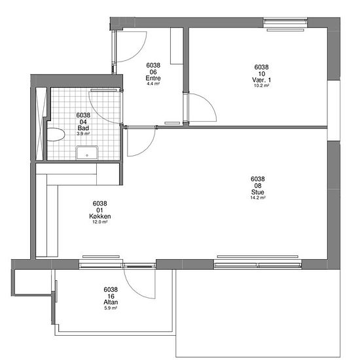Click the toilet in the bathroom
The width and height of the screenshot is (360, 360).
56,135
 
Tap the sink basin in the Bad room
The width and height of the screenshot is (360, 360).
87,153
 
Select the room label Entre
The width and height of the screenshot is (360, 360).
153,78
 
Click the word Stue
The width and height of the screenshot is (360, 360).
258,192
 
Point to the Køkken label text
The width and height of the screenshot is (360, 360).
100,216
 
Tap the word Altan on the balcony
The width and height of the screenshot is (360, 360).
111,302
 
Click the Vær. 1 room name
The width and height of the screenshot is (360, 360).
261,80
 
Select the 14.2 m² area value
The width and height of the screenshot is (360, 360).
258,198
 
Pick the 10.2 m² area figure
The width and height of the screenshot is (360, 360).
261,85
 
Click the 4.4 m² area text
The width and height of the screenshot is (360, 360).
153,84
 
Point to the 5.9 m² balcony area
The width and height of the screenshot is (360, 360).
111,308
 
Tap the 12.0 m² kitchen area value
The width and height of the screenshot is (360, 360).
100,222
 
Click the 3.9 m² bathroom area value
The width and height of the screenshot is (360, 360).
83,134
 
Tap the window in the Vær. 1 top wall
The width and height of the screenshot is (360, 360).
285,22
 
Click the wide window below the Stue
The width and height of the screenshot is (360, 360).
258,264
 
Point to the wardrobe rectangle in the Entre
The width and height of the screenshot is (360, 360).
177,46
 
